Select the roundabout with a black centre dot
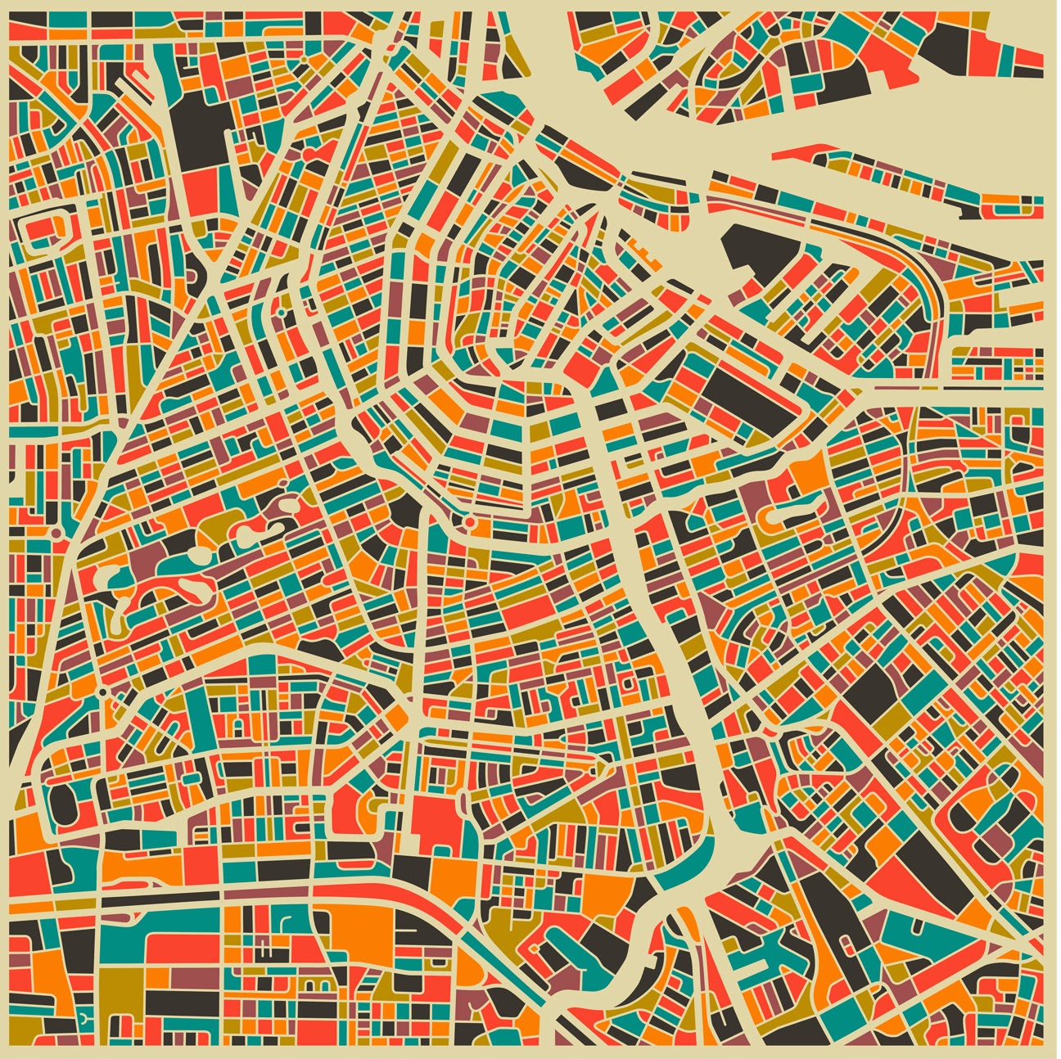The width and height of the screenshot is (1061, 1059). coord(102,692)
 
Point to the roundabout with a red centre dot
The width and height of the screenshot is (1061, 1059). coord(469,520)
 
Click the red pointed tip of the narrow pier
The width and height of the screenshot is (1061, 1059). coord(806,151)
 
